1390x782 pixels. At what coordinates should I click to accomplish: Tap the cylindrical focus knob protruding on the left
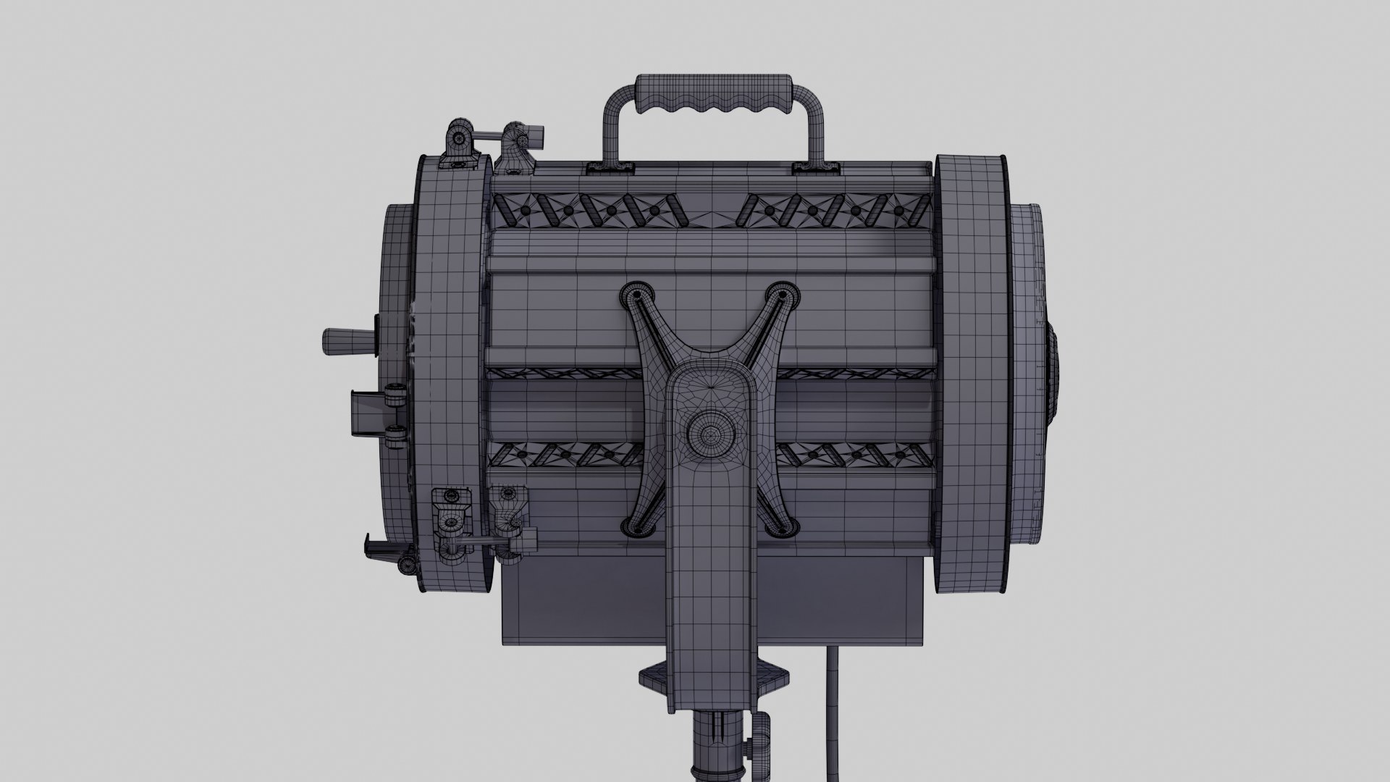347,341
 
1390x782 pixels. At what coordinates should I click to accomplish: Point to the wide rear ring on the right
970,362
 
